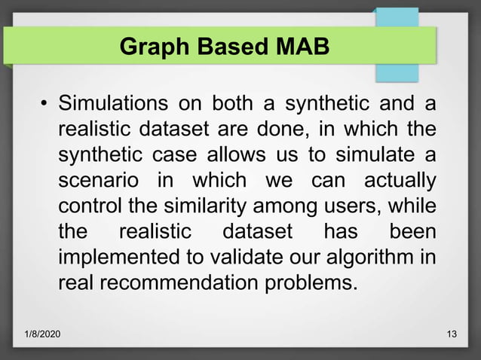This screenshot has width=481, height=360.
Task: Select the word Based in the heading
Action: [x=231, y=47]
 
